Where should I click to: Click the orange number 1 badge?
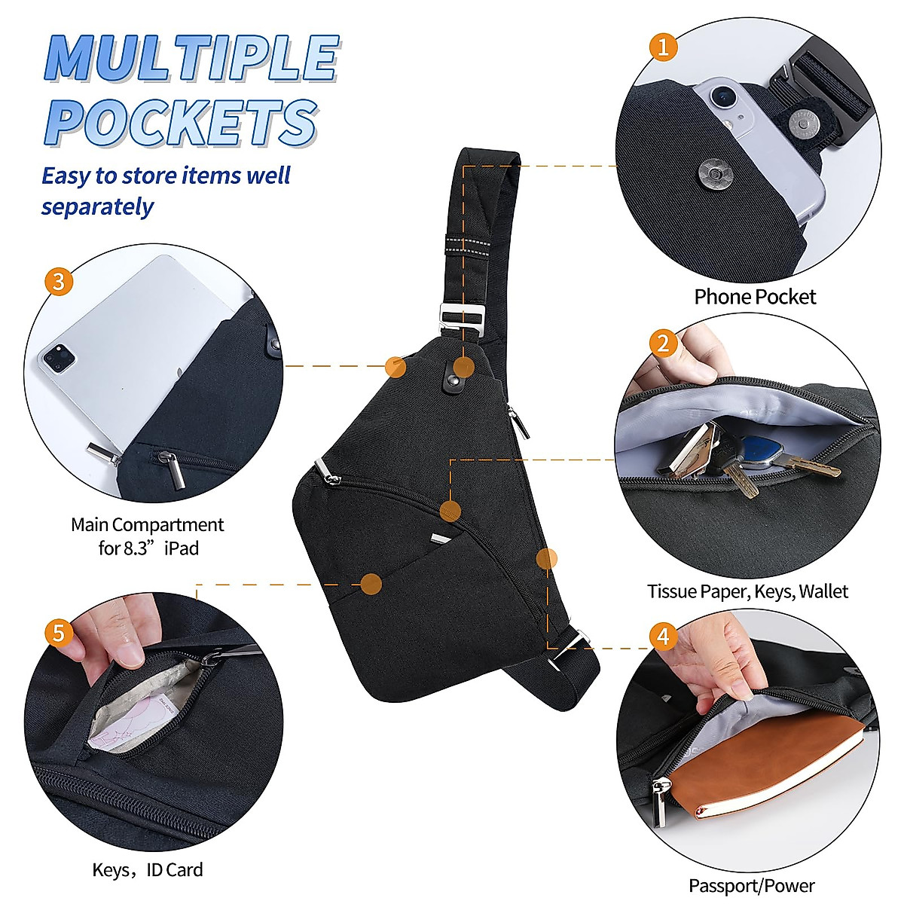pos(663,47)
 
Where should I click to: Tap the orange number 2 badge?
pos(663,344)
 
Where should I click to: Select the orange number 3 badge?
pos(60,282)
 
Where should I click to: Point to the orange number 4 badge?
pos(663,637)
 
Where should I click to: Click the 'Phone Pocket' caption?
pos(754,297)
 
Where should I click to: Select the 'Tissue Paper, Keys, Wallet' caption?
pos(747,591)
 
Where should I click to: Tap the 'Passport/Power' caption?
pos(751,886)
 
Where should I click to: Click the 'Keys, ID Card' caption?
pos(148,870)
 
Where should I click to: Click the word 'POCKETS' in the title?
pos(181,122)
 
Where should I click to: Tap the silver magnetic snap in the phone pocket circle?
pos(710,173)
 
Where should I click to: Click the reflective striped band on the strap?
pos(466,246)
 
